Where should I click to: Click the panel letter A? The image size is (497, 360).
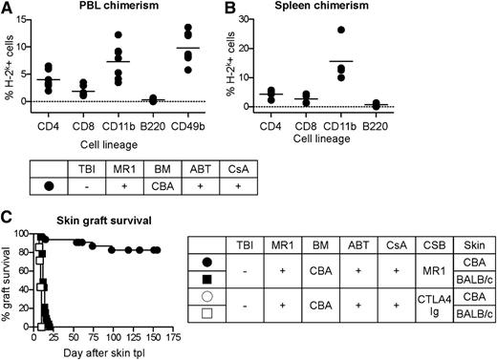click(x=7, y=8)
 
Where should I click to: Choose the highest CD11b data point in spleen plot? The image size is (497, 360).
click(x=391, y=30)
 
